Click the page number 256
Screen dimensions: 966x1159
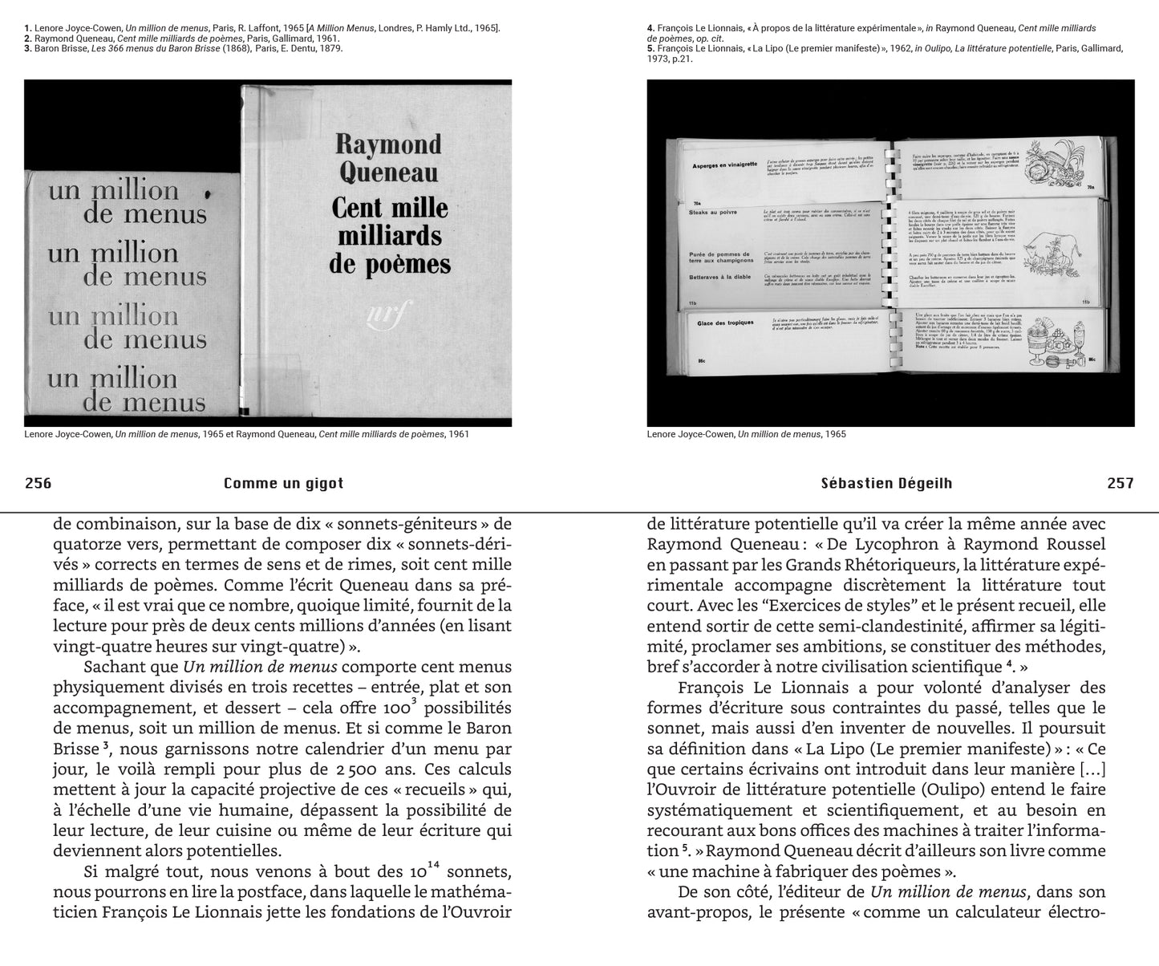click(x=38, y=483)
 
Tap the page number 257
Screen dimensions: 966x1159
click(x=1121, y=483)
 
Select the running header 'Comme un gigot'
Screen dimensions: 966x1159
click(x=284, y=483)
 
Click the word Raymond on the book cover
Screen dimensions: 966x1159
click(x=388, y=144)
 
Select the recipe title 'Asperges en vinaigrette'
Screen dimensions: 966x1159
click(x=725, y=165)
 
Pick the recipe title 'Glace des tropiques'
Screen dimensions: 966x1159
click(x=726, y=323)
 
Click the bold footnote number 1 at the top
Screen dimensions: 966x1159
click(x=28, y=28)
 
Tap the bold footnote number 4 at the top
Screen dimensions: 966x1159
click(x=650, y=28)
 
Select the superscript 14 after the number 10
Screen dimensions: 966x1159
click(x=434, y=864)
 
